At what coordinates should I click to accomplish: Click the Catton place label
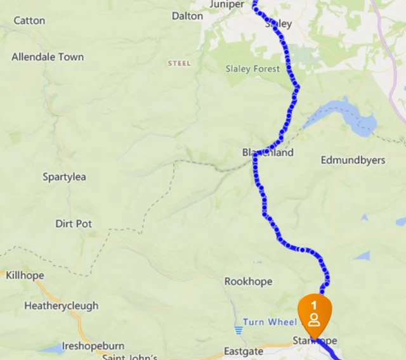coord(29,20)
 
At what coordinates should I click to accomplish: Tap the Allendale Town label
coord(48,57)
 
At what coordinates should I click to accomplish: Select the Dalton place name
coord(187,16)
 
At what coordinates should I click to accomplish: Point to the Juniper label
coord(226,4)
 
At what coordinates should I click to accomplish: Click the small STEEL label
coord(179,63)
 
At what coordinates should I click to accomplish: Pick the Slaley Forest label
coord(252,68)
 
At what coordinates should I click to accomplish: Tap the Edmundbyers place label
coord(353,160)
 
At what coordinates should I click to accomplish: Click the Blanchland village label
coord(268,153)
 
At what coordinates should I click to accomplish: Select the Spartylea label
coord(64,177)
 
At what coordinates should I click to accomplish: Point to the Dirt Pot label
coord(74,224)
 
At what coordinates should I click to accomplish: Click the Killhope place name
coord(25,275)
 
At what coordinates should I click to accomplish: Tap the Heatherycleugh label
coord(62,305)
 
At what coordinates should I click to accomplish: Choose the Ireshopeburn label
coord(93,347)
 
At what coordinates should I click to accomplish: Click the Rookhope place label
coord(248,281)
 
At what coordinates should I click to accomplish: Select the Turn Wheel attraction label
coord(270,322)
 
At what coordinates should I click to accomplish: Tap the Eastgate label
coord(243,351)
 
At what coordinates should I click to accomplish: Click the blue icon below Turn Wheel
coord(239,330)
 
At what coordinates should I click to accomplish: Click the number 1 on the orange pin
coord(314,305)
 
